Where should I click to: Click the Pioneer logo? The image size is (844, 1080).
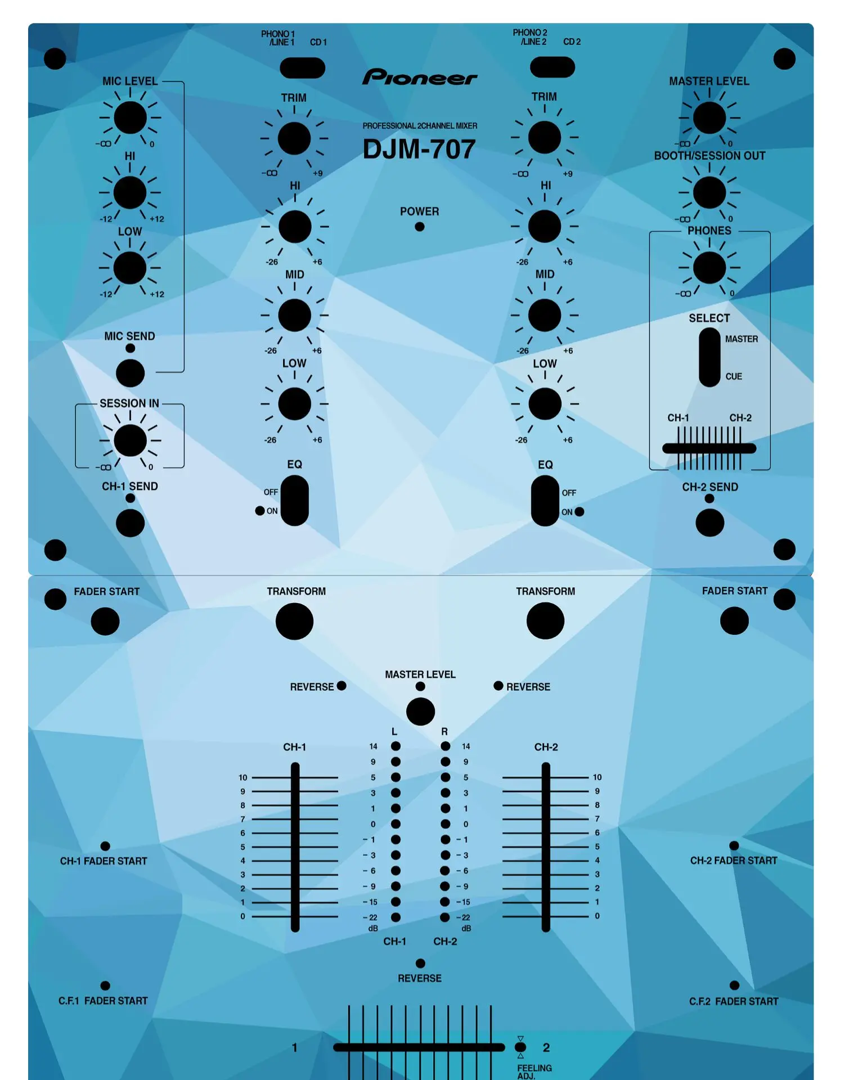pyautogui.click(x=420, y=76)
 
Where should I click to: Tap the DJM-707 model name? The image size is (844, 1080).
pyautogui.click(x=419, y=150)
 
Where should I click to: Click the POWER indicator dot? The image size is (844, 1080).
pyautogui.click(x=419, y=227)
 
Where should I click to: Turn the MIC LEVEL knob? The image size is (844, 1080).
pyautogui.click(x=130, y=118)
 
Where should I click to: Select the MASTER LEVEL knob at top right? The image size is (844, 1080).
pyautogui.click(x=709, y=118)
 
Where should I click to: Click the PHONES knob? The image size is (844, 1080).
pyautogui.click(x=709, y=268)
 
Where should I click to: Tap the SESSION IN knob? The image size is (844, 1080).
pyautogui.click(x=130, y=440)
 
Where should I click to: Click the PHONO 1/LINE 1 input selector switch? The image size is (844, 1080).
pyautogui.click(x=302, y=68)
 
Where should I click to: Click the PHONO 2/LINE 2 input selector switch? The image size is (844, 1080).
pyautogui.click(x=552, y=67)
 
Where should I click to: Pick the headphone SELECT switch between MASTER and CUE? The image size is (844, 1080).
pyautogui.click(x=709, y=357)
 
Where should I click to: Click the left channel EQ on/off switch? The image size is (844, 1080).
pyautogui.click(x=294, y=500)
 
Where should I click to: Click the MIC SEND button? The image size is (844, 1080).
pyautogui.click(x=130, y=373)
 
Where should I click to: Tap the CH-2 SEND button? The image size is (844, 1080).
pyautogui.click(x=710, y=523)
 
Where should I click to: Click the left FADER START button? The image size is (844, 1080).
pyautogui.click(x=105, y=621)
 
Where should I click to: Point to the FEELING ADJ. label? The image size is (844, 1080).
pyautogui.click(x=534, y=1071)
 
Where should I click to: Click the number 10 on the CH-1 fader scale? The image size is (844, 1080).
pyautogui.click(x=243, y=777)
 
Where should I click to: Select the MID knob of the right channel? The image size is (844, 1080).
pyautogui.click(x=544, y=315)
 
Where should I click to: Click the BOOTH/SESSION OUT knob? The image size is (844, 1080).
pyautogui.click(x=709, y=192)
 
